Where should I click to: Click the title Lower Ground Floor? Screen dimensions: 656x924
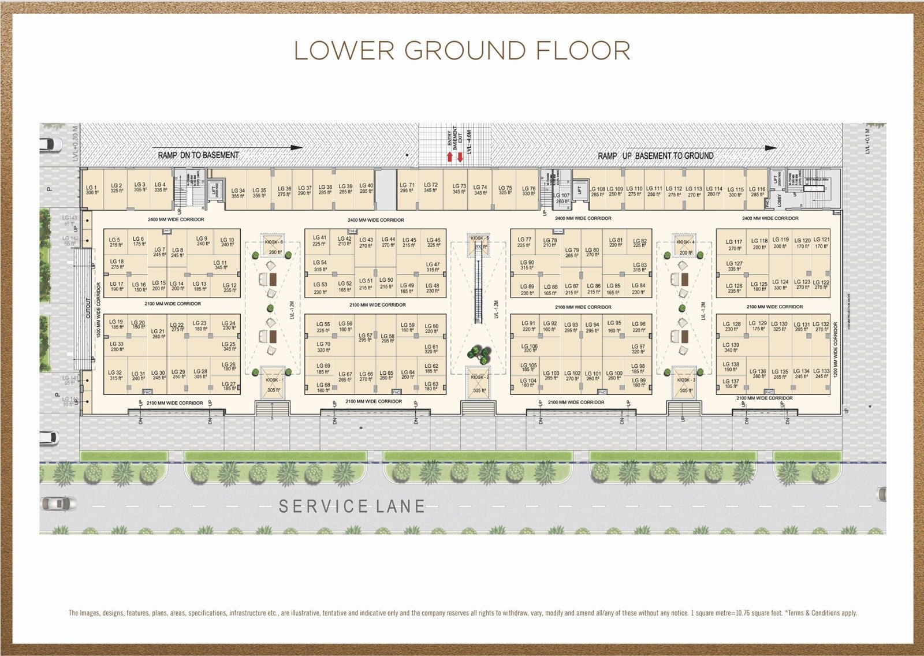pyautogui.click(x=462, y=51)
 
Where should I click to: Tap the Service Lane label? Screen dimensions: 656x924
pyautogui.click(x=352, y=506)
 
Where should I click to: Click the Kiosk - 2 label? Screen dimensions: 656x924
pyautogui.click(x=479, y=377)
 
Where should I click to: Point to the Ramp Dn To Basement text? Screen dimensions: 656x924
pyautogui.click(x=198, y=155)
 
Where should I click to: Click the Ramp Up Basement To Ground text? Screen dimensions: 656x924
pyautogui.click(x=655, y=156)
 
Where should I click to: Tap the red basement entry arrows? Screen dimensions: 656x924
pyautogui.click(x=454, y=156)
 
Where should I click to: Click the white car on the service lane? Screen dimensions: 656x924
pyautogui.click(x=58, y=504)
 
